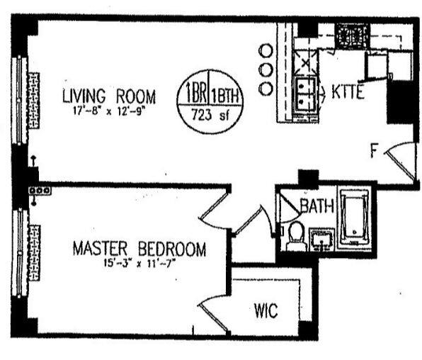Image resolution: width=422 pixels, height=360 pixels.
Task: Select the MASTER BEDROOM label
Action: [139, 249]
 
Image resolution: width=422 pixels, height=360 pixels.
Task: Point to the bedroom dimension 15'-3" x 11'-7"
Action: [139, 264]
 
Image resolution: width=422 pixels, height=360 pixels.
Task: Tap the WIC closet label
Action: [266, 310]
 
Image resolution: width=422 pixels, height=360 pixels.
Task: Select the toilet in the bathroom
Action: [296, 236]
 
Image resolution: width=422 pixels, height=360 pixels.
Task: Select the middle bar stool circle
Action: [266, 70]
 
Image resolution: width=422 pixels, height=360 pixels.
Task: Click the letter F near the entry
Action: [375, 150]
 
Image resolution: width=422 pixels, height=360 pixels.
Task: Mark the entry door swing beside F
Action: [400, 160]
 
